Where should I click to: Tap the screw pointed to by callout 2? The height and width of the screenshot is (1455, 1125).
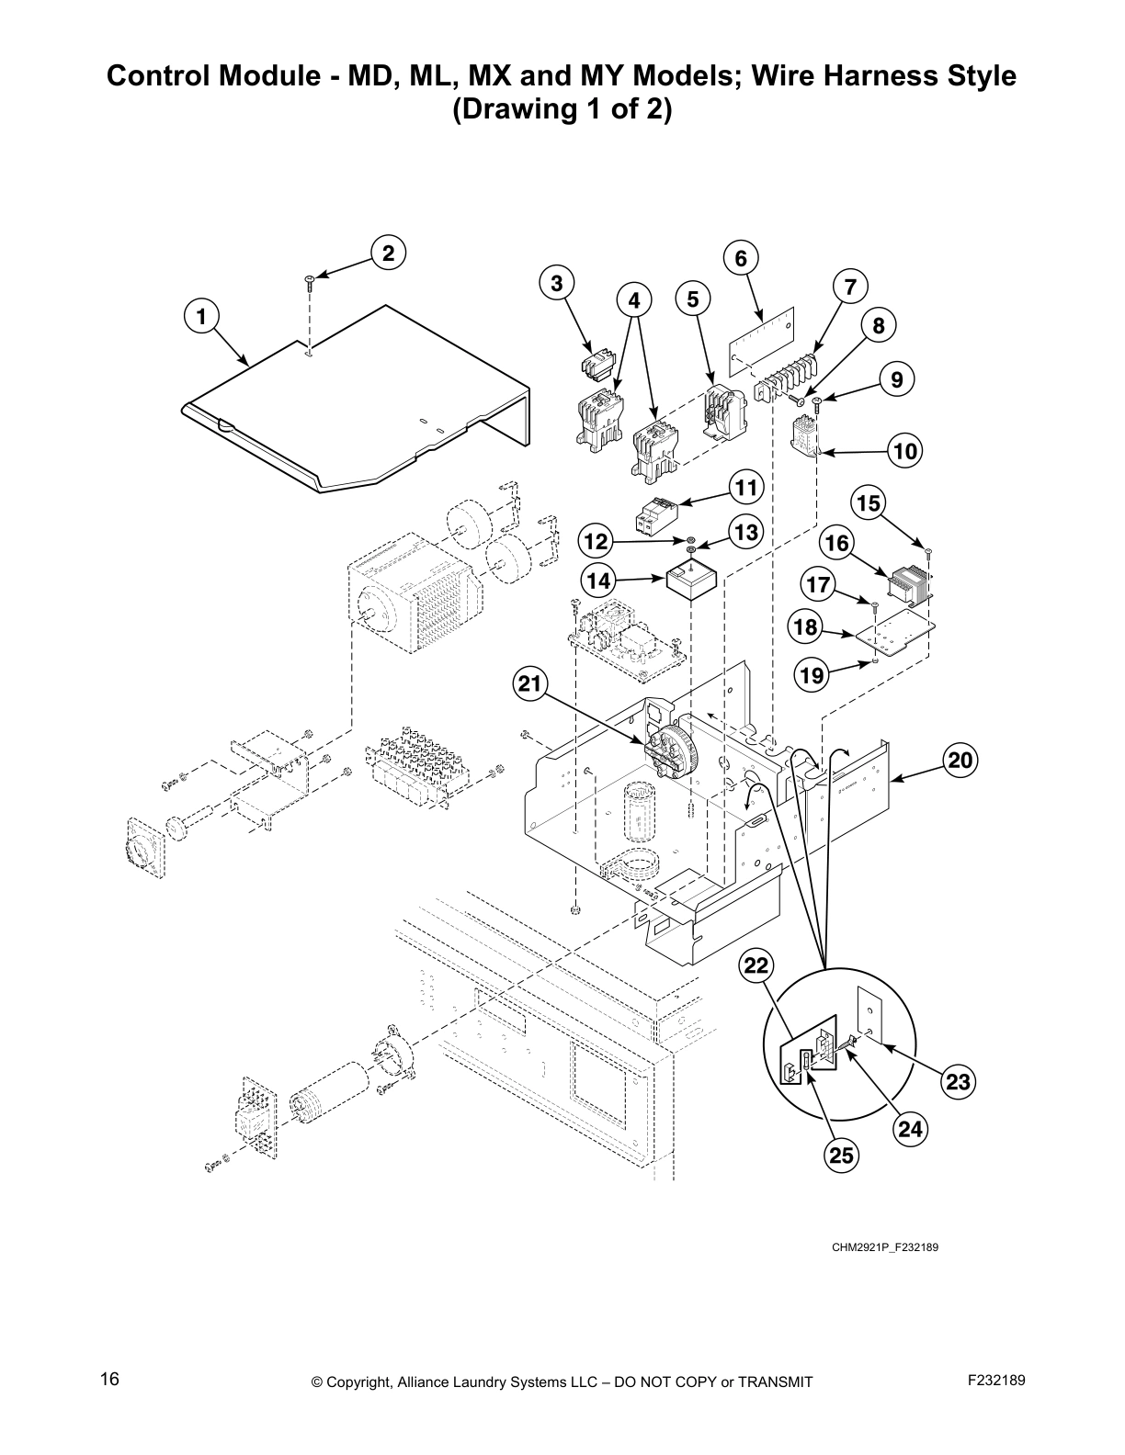coord(311,281)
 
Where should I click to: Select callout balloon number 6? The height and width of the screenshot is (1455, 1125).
coord(741,258)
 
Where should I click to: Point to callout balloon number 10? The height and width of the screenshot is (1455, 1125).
coord(905,451)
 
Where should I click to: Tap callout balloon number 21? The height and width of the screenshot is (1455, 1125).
coord(530,683)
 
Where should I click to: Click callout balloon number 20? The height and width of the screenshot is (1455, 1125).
coord(960,761)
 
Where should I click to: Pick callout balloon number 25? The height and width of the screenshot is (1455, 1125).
coord(841,1155)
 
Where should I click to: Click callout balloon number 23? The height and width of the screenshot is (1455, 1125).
coord(958,1082)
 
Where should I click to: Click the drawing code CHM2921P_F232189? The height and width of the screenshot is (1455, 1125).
coord(884,1247)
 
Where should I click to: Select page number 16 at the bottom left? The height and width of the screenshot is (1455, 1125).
coord(109,1380)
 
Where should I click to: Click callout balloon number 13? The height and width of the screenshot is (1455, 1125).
coord(747,532)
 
